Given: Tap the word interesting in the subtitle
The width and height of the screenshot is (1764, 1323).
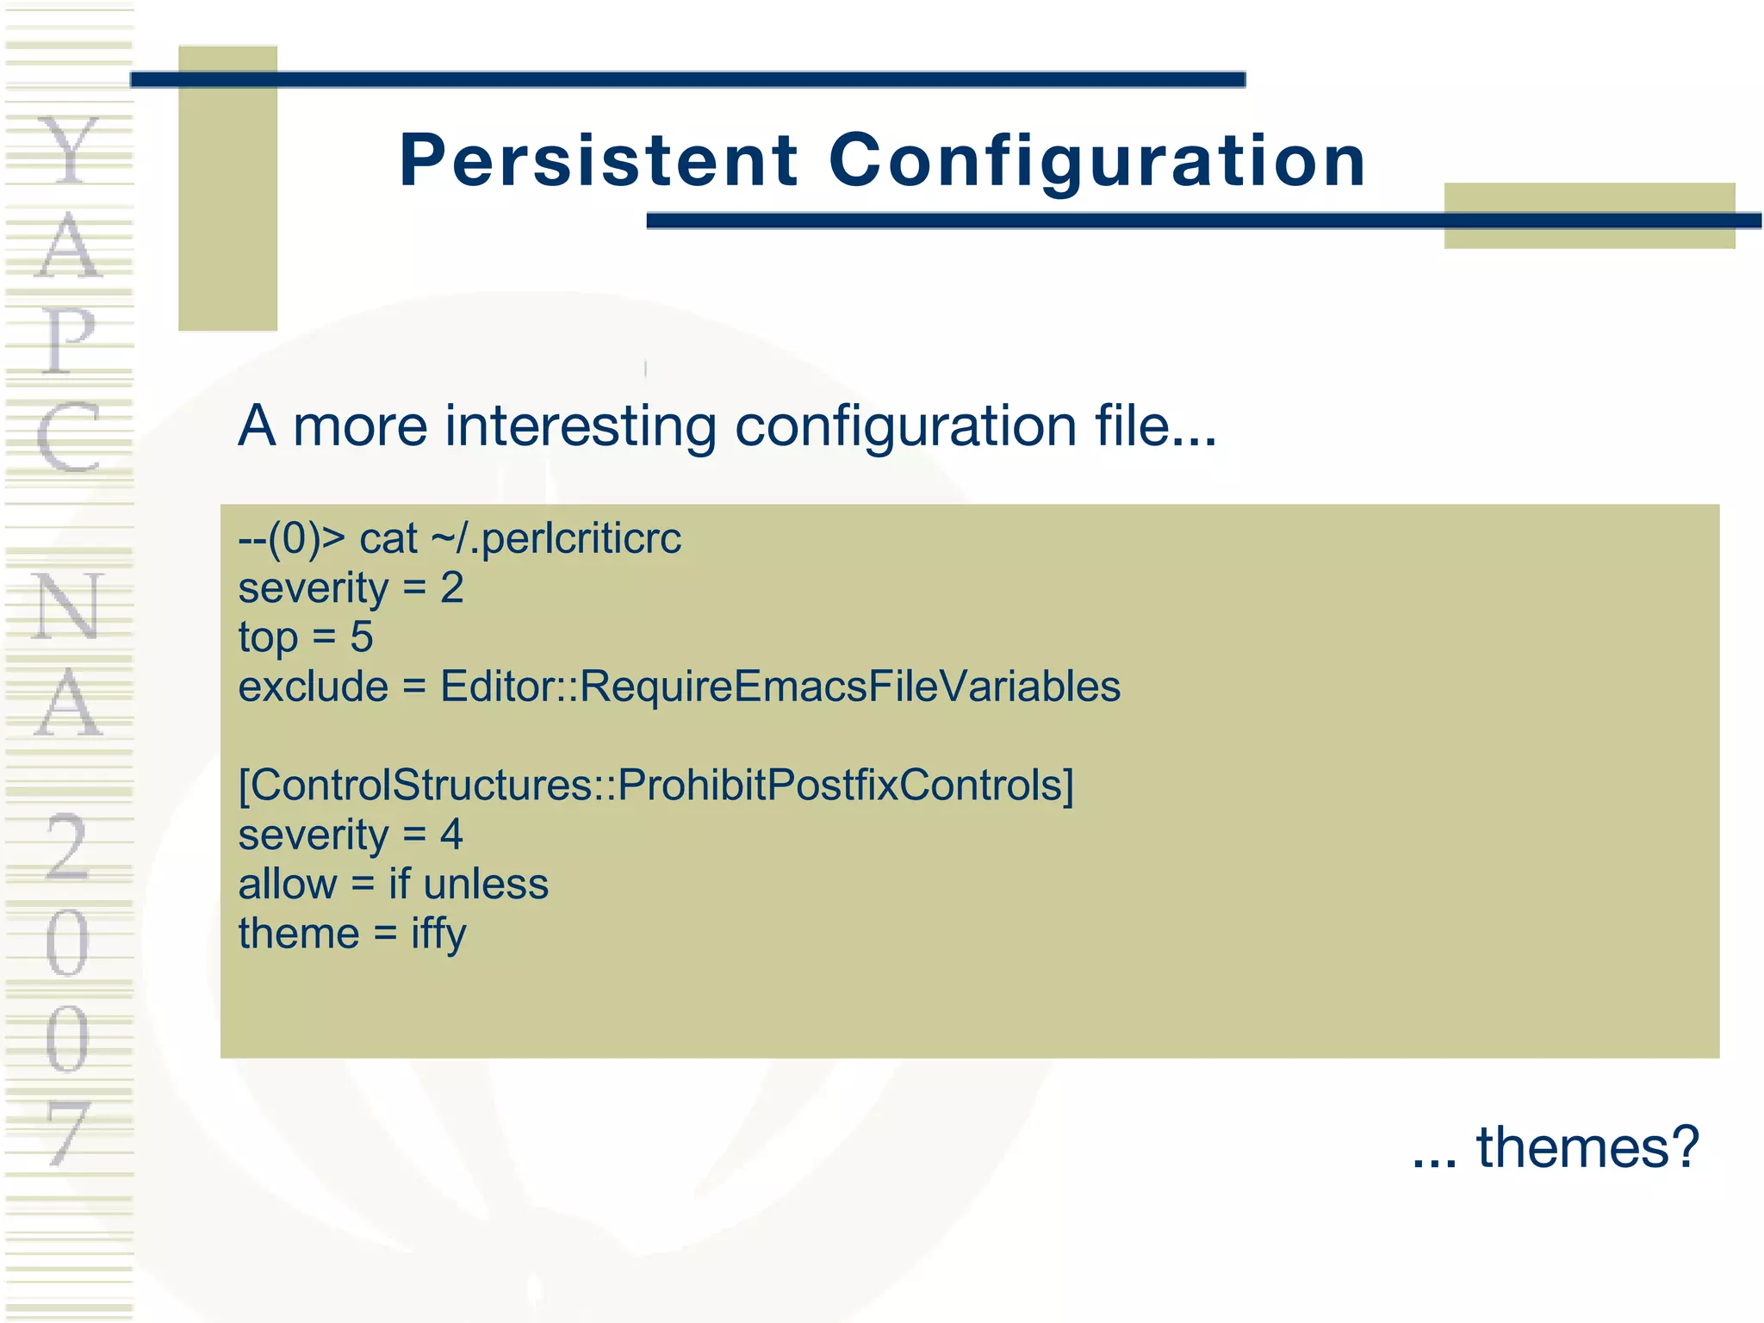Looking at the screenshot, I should click(x=581, y=425).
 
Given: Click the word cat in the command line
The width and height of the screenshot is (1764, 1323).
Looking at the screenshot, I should click(x=388, y=540).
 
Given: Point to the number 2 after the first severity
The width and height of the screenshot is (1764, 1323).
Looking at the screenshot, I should click(x=452, y=588).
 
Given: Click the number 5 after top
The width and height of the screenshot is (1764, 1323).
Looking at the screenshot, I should click(x=362, y=637).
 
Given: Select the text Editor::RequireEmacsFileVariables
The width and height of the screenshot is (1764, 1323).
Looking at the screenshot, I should click(x=780, y=686).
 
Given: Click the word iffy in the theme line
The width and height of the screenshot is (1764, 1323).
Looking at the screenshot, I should click(x=438, y=935).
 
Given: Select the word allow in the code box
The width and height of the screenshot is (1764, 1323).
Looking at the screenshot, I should click(x=288, y=884).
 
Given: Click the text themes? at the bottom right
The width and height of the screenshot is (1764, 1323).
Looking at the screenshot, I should click(x=1587, y=1147).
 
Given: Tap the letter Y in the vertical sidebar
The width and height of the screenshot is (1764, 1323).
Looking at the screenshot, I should click(x=69, y=151).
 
